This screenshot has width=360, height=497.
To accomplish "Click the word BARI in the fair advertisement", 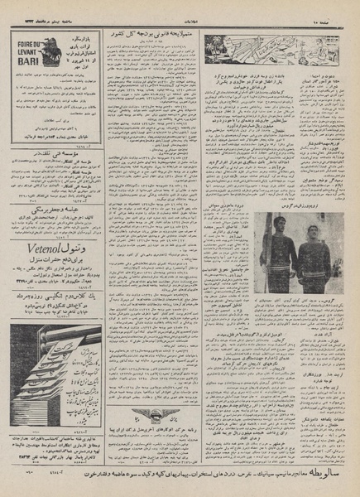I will [30, 60].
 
